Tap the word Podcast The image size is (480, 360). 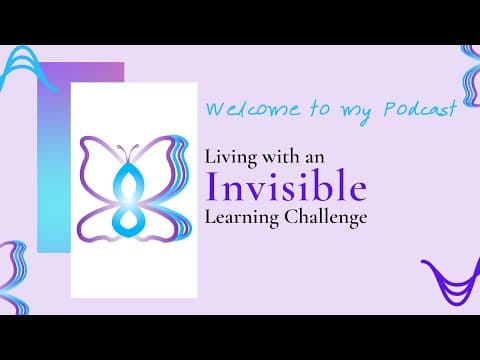pos(424,109)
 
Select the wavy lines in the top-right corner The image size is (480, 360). pos(470,66)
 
